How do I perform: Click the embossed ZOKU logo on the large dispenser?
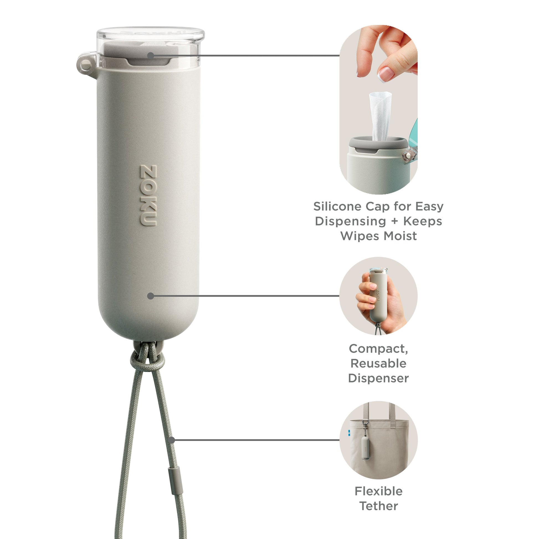click(148, 196)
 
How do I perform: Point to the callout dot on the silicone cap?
click(151, 55)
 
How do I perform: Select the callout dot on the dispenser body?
click(151, 296)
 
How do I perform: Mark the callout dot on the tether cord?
click(172, 440)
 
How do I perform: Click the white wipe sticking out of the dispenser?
click(380, 116)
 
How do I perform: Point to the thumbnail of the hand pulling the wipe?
click(378, 110)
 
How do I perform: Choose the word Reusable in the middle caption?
click(378, 363)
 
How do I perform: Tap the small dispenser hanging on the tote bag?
click(366, 448)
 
